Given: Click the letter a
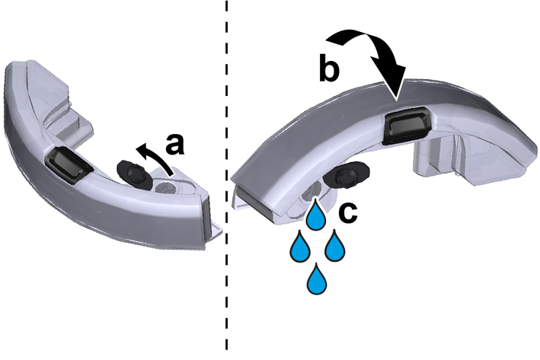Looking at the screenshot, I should [174, 144].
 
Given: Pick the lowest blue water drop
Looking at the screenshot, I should [316, 279].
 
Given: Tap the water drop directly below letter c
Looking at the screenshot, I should [335, 246].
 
